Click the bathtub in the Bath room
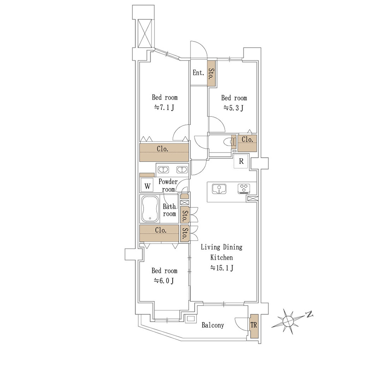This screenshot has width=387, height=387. click(x=150, y=209)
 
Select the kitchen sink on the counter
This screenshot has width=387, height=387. click(x=219, y=189)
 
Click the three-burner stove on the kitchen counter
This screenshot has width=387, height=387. click(x=244, y=188)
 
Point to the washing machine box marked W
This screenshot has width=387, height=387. click(x=147, y=186)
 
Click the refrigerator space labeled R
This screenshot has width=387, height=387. click(x=241, y=161)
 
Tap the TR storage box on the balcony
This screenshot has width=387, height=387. click(x=254, y=326)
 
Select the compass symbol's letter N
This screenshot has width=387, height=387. click(x=309, y=314)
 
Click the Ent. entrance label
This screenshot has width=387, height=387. click(x=199, y=73)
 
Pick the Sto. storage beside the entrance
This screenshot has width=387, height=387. click(x=211, y=74)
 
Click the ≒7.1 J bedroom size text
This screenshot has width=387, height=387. click(x=164, y=108)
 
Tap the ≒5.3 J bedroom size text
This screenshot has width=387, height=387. click(x=233, y=108)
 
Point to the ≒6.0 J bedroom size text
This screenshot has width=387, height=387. click(x=164, y=281)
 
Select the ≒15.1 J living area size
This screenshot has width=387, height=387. click(x=221, y=268)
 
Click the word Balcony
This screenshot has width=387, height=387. click(x=213, y=325)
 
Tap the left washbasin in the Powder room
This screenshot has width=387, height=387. click(x=163, y=170)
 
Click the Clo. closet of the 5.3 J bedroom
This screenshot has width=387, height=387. click(x=247, y=143)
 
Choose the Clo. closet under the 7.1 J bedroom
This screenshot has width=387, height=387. click(x=164, y=152)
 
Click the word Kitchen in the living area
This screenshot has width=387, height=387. click(x=221, y=257)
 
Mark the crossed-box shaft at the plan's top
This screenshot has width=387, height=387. click(x=144, y=33)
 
